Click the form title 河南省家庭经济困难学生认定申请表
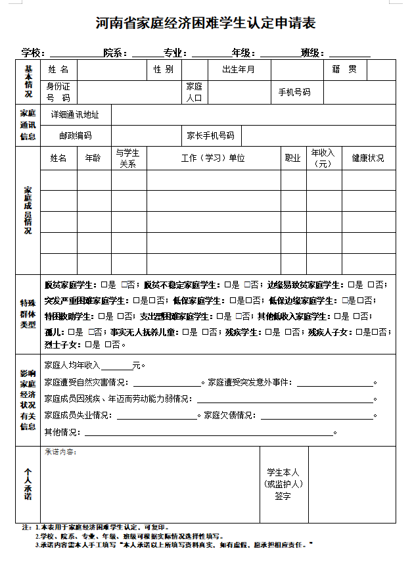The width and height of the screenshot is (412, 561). click(206, 24)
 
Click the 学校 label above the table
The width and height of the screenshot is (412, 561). click(32, 53)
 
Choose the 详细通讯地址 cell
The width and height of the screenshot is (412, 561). click(75, 114)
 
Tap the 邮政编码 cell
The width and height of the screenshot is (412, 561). click(75, 135)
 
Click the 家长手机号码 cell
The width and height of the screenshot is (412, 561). click(210, 135)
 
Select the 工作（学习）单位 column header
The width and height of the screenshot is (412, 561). click(213, 159)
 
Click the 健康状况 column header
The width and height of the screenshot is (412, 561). click(368, 159)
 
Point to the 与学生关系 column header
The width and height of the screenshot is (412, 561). click(127, 159)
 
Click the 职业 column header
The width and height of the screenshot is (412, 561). click(292, 159)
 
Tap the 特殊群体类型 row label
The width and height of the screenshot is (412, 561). click(28, 314)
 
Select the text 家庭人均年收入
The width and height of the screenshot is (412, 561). click(72, 365)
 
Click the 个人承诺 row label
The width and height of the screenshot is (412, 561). click(28, 484)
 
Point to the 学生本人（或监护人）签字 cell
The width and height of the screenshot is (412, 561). click(283, 484)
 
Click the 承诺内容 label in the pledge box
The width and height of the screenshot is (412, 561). click(60, 452)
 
